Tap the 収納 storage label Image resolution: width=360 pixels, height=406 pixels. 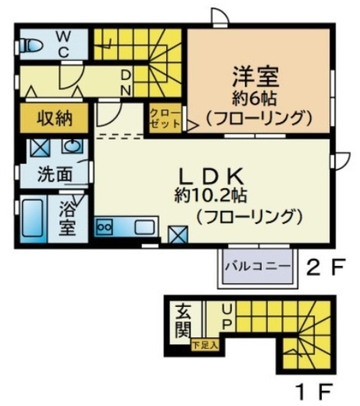click(x=53, y=117)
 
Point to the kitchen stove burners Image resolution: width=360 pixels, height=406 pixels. click(x=104, y=226)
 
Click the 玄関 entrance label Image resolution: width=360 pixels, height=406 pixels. click(x=183, y=321)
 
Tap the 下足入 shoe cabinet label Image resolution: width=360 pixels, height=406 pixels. click(x=205, y=345)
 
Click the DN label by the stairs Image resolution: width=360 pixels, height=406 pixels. click(x=125, y=81)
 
